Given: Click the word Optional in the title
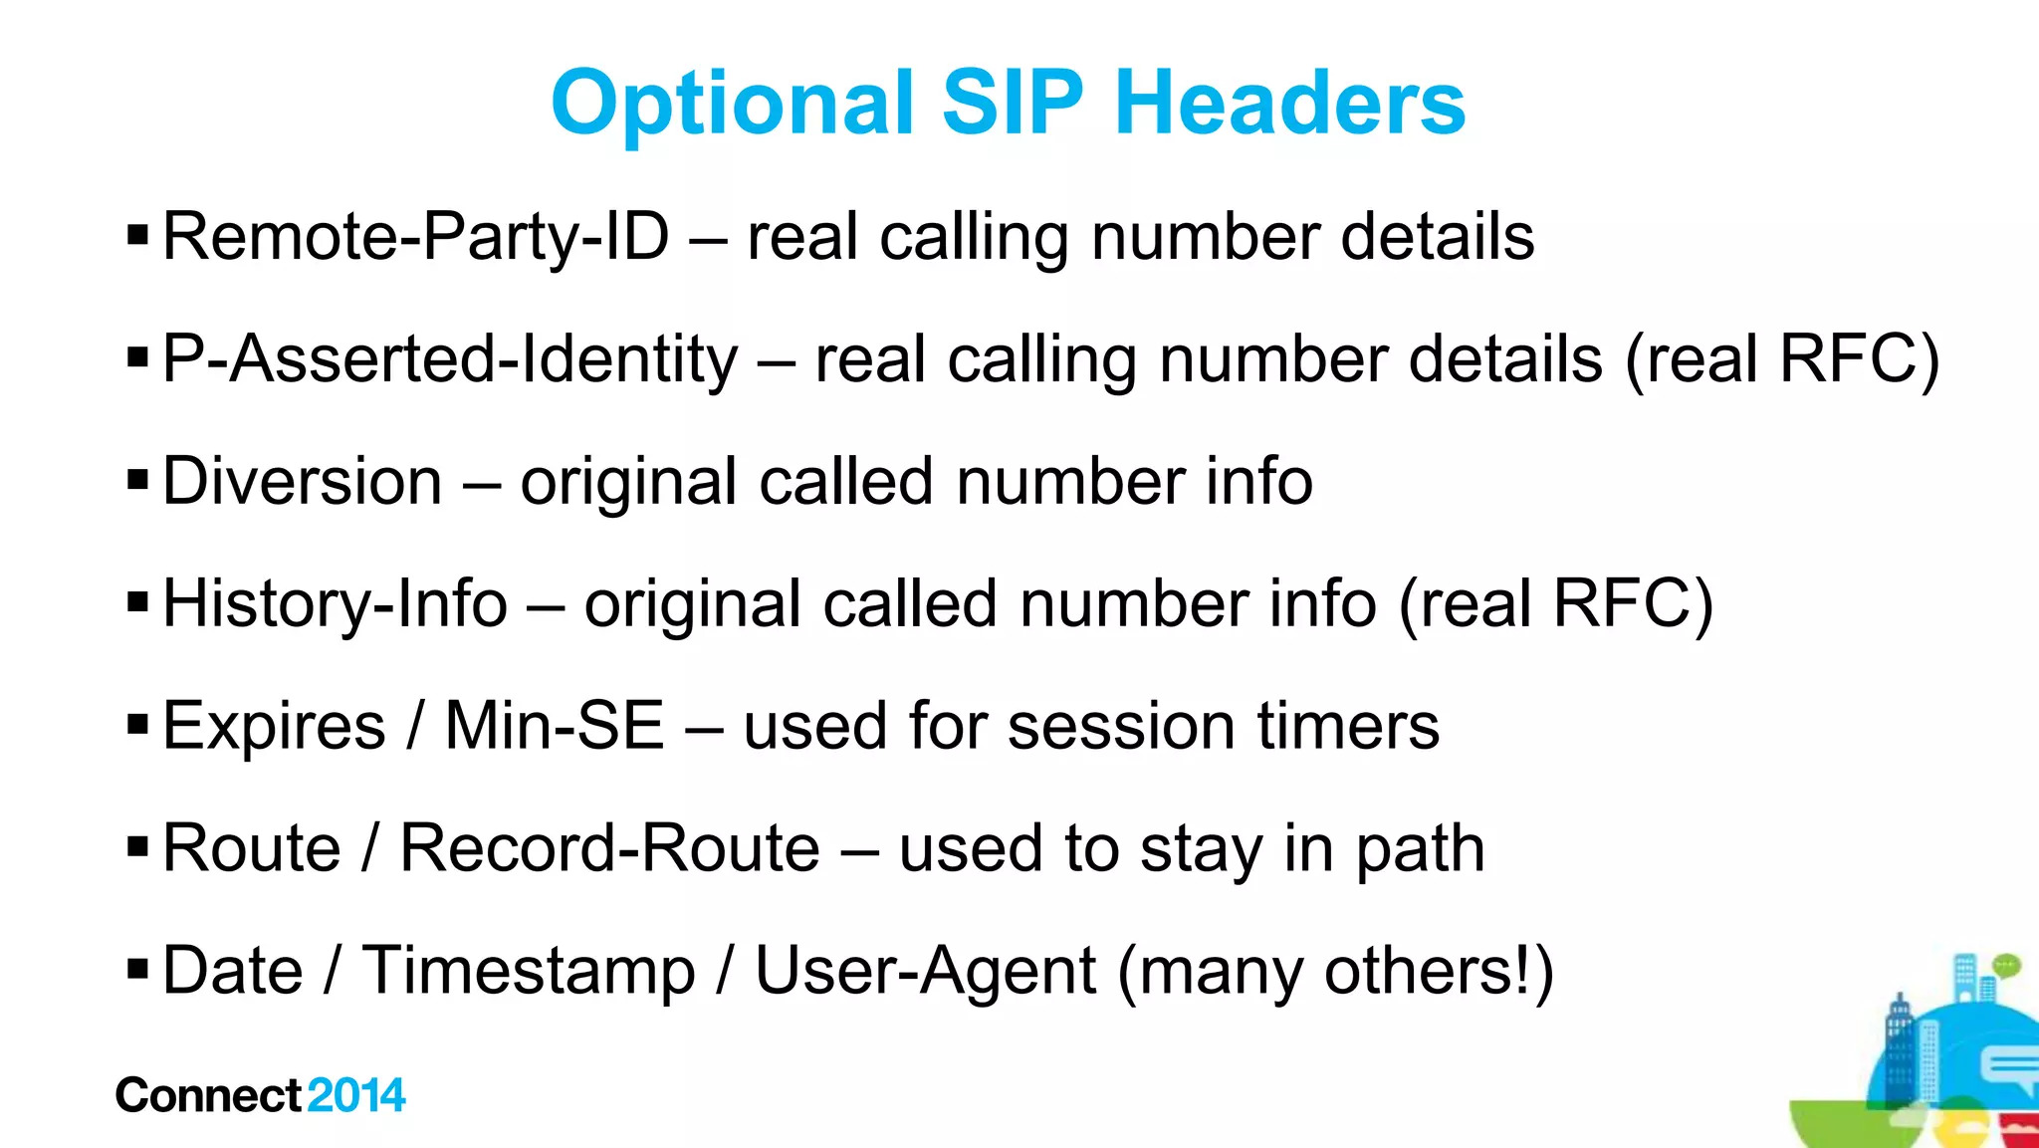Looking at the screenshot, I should click(x=732, y=104).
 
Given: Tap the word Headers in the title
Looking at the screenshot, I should click(x=1289, y=104).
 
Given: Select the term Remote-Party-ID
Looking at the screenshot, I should click(x=415, y=237).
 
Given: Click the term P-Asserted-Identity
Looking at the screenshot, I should click(x=450, y=359).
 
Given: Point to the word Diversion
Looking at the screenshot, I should click(x=302, y=482).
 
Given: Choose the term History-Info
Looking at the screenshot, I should click(x=335, y=604).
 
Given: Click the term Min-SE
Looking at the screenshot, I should click(x=554, y=726).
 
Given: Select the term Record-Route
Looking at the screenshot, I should click(x=609, y=849).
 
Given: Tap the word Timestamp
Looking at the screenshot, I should click(x=529, y=971).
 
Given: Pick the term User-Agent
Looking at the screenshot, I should click(x=926, y=971).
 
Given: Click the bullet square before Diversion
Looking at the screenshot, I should click(x=138, y=481).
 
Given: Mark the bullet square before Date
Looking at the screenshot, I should click(x=138, y=967).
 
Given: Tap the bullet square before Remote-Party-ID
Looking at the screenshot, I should click(x=138, y=236).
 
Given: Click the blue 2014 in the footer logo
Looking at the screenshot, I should click(x=356, y=1095).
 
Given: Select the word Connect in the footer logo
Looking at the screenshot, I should click(x=208, y=1095).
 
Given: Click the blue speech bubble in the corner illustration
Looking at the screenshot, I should click(x=2009, y=1068).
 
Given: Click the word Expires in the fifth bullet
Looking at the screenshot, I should click(x=274, y=726).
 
